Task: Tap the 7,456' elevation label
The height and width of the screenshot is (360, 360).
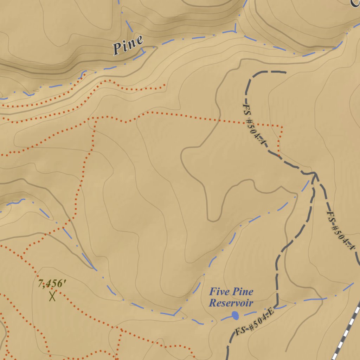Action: [52, 283]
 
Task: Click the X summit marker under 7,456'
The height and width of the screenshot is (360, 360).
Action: [52, 296]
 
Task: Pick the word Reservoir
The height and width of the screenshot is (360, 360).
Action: [231, 303]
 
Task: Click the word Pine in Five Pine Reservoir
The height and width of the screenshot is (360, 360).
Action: [242, 291]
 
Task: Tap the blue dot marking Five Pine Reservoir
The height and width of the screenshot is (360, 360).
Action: [235, 315]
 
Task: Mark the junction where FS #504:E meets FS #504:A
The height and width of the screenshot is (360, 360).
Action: [314, 173]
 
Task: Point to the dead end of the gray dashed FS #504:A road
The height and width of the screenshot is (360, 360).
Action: [286, 72]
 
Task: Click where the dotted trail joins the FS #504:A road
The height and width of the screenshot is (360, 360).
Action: [279, 155]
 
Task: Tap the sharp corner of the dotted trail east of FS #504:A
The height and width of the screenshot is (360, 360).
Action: [282, 126]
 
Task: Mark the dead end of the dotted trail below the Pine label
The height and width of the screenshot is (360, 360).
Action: [165, 85]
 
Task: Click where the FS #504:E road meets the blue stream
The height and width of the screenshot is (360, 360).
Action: [277, 305]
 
